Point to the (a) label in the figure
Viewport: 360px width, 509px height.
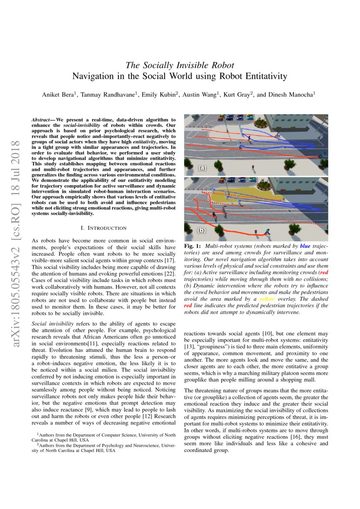click(202, 168)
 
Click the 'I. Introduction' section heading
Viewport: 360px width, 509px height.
click(104, 228)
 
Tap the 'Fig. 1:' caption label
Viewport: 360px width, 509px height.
click(192, 246)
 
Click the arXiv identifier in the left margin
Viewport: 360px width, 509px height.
click(17, 244)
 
